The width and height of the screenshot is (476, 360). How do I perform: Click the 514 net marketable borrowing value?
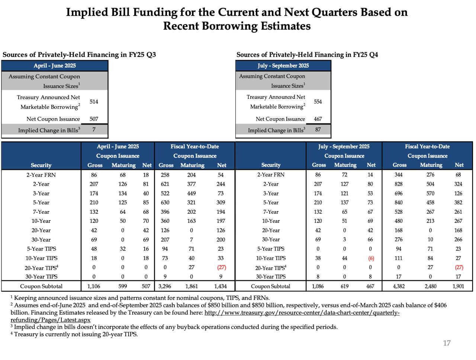click(94, 101)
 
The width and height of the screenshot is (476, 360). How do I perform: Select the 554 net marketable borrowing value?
click(318, 101)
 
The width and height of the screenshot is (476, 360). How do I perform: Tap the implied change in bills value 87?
click(318, 130)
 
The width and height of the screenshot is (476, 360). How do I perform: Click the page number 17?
click(447, 343)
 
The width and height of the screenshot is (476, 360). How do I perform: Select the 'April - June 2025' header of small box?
click(55, 66)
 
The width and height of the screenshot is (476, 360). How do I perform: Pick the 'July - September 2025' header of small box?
click(283, 66)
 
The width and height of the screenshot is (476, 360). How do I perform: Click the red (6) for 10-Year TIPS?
click(371, 258)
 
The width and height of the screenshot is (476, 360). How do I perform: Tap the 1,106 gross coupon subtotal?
click(94, 286)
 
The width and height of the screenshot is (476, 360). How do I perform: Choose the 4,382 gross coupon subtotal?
click(399, 286)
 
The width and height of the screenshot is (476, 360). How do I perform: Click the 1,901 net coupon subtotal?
click(458, 286)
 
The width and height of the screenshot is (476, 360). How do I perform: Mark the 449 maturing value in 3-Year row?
click(191, 193)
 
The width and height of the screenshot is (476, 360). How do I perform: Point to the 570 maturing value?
click(430, 193)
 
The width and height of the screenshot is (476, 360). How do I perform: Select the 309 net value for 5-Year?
click(221, 202)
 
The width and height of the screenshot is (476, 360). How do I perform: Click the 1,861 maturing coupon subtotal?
click(191, 286)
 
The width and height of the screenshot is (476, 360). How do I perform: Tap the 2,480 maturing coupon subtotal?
click(430, 286)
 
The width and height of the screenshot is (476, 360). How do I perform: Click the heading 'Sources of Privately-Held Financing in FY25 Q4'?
click(307, 55)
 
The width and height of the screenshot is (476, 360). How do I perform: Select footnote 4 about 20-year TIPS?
click(74, 334)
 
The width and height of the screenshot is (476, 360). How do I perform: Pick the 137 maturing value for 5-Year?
click(344, 202)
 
